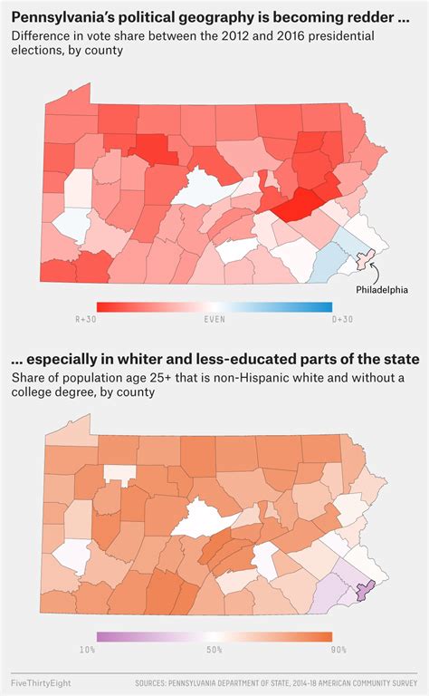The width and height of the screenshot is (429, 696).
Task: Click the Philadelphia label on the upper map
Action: point(381,290)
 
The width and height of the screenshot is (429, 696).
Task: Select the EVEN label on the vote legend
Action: point(214,319)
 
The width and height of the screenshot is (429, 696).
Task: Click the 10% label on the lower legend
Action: point(87,650)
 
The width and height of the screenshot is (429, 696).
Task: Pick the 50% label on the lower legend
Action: point(214,650)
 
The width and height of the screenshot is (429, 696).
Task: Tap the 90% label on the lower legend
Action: point(339,650)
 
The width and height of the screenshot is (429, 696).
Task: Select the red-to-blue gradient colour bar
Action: point(214,306)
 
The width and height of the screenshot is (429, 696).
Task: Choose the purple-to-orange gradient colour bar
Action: point(214,637)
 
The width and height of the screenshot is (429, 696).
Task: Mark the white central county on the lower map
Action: point(201,523)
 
